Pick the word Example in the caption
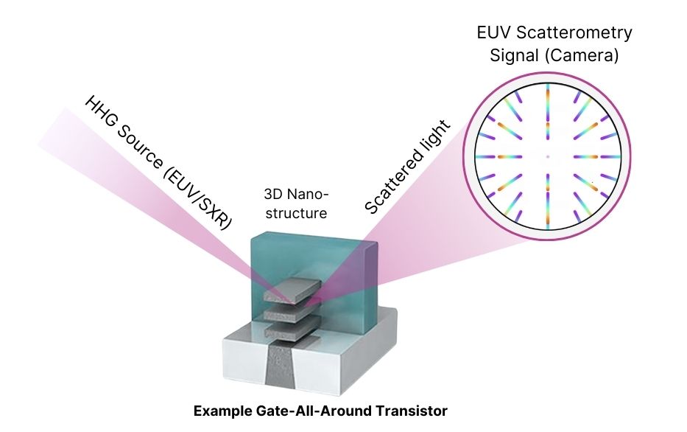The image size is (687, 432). pos(221,411)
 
